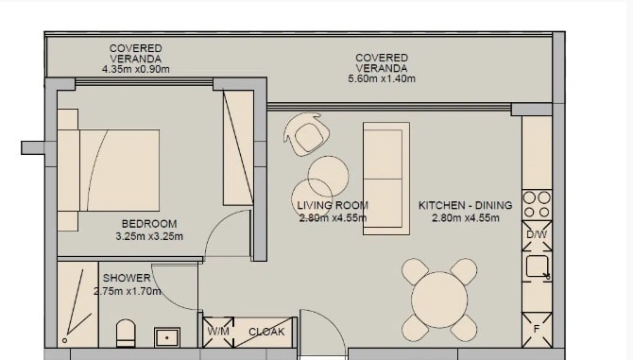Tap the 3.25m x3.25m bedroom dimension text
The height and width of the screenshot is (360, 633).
pos(148,236)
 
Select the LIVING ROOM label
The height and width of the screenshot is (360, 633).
pos(333,205)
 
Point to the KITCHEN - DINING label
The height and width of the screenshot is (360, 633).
pos(465,205)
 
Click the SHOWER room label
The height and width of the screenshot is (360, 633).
pos(127,278)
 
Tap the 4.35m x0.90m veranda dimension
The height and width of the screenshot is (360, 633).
pos(135,69)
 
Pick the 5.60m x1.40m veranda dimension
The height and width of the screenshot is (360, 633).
pos(382,79)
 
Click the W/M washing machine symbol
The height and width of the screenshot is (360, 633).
pos(217,332)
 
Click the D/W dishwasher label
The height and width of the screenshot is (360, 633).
pos(537,233)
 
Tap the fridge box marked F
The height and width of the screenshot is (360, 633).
pos(537,327)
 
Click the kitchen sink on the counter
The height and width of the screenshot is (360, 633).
pos(539,266)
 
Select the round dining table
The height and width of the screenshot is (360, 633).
pos(439,300)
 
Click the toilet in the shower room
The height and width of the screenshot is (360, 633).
pos(125,334)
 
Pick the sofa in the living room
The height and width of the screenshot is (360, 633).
pos(386,178)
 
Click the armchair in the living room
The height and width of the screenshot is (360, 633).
pos(307,134)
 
